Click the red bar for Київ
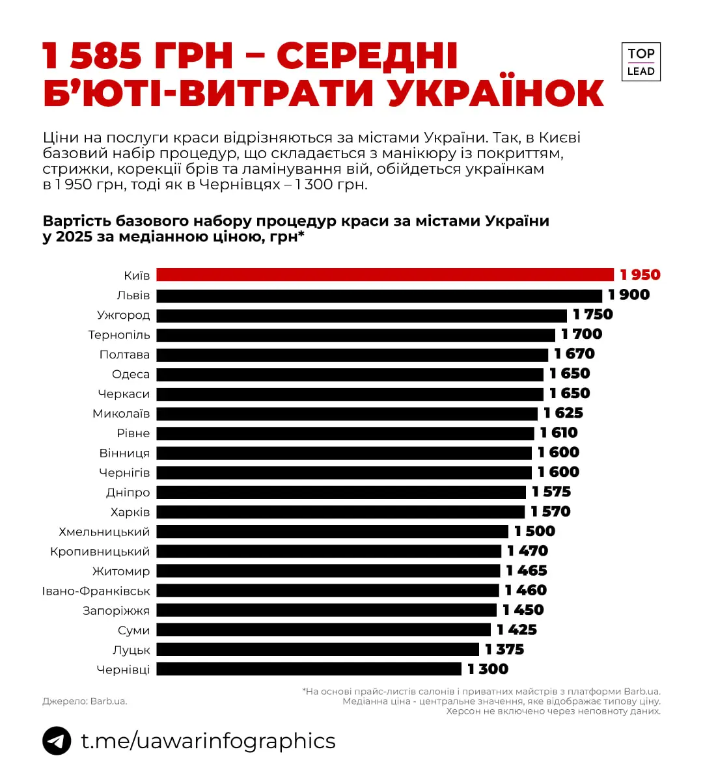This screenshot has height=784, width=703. pos(385,275)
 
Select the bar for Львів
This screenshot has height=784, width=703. pos(379,295)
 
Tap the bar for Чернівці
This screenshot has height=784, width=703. pos(309,669)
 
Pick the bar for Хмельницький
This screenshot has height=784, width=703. pos(332,532)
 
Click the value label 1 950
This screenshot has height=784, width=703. pos(640,275)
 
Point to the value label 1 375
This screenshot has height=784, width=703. pos(504,649)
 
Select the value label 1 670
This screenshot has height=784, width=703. pos(574,354)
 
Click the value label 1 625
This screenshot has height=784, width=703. pos(563,413)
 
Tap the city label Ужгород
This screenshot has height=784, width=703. pos(123,315)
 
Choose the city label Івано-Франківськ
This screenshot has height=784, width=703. pos(96,591)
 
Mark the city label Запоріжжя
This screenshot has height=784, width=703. pos(116,610)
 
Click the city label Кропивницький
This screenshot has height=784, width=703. pos(100,552)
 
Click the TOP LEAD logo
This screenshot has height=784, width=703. pos(641,62)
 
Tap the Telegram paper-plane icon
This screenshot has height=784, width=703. pos(57,740)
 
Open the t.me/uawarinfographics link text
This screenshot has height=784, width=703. pos(208,740)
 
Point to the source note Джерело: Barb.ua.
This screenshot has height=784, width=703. pos(85,701)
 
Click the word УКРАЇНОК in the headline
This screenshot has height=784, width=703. pos(496,92)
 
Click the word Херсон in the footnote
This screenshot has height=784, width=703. pos(463,711)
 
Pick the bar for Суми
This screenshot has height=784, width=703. pos(324,630)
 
